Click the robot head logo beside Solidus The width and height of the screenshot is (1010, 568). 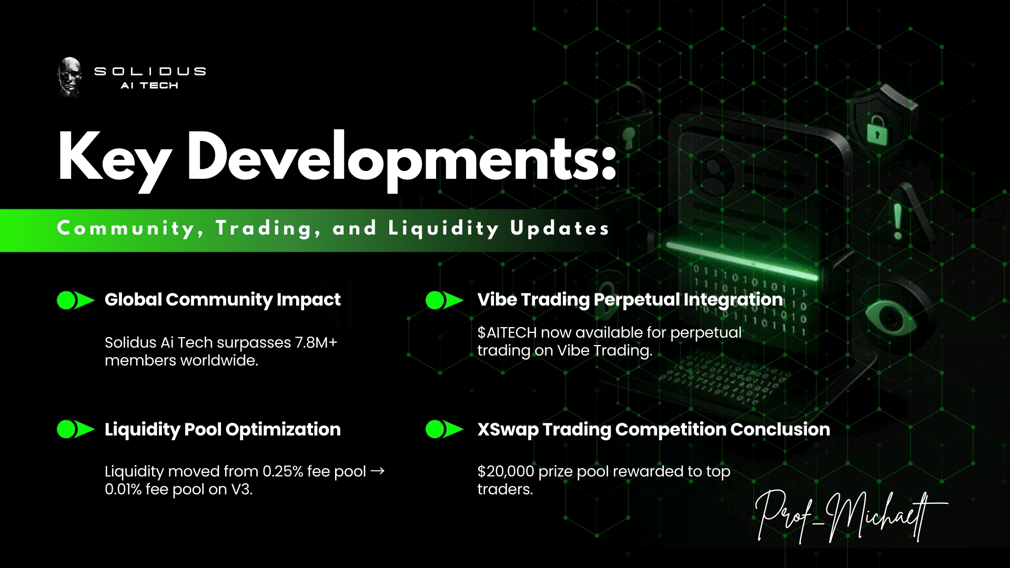tap(69, 77)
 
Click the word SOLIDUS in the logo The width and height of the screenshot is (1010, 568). tap(150, 71)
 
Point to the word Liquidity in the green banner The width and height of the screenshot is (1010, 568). tap(443, 229)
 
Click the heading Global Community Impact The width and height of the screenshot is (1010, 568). tap(223, 300)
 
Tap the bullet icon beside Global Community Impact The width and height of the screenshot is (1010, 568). tap(75, 300)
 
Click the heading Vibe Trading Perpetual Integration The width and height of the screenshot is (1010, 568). tap(630, 300)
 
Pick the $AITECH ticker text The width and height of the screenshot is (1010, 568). tap(507, 332)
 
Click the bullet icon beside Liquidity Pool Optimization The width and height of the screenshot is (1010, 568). tap(75, 429)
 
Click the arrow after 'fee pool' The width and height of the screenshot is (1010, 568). tap(378, 471)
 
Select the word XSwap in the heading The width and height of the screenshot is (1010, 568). tap(508, 429)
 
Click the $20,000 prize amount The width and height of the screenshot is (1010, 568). tap(506, 471)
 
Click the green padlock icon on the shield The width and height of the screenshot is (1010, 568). tap(876, 129)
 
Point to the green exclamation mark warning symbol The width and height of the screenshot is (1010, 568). tap(897, 221)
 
